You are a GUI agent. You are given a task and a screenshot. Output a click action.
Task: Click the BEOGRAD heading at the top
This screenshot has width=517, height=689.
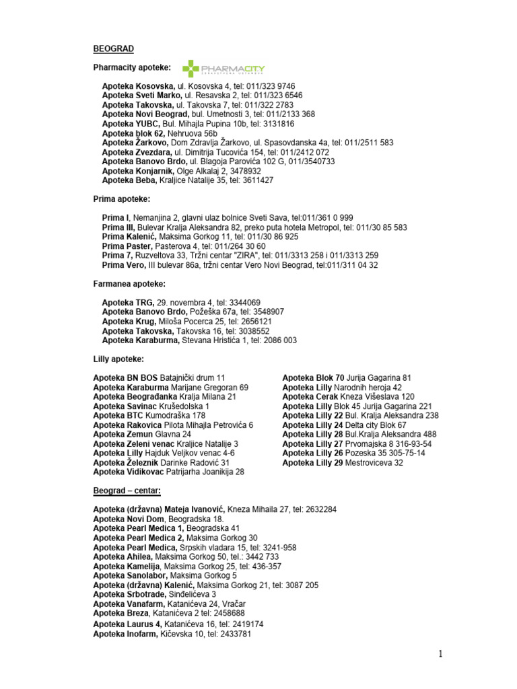coord(113,48)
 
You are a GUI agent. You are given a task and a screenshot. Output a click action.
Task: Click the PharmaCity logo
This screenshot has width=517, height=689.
coord(223,69)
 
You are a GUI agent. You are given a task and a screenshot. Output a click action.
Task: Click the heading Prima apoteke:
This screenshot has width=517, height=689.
coord(122,199)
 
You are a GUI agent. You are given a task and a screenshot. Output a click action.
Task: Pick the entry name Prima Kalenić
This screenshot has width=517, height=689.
coord(129,237)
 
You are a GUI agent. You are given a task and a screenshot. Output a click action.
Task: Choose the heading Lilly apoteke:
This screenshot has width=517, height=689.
coord(118,359)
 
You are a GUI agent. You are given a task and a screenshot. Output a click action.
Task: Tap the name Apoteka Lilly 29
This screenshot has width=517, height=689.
coord(312,463)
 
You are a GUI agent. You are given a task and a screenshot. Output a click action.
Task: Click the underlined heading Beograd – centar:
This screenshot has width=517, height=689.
coord(127,491)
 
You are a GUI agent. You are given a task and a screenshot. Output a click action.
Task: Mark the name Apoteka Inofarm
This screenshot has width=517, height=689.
coord(125,634)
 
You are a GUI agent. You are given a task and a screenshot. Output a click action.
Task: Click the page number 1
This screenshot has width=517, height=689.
coord(442,653)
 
